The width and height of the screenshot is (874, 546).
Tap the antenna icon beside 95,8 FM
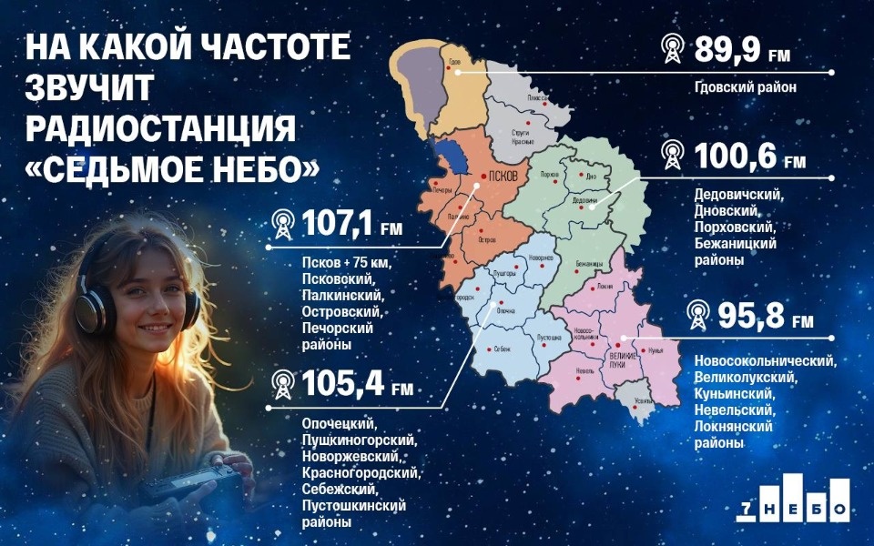pyautogui.click(x=697, y=315)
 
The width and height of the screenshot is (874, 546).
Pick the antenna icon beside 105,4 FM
pyautogui.click(x=282, y=386)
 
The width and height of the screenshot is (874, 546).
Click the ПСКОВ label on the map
pyautogui.click(x=503, y=176)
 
